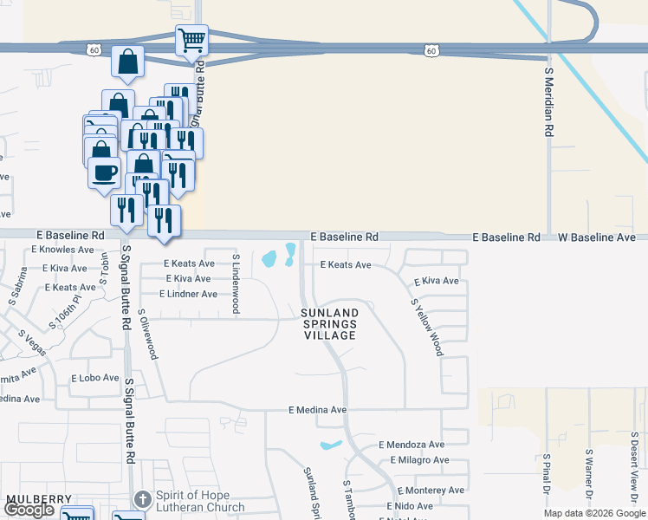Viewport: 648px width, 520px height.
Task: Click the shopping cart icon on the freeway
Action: point(191,39)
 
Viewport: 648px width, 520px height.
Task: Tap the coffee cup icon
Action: point(104,172)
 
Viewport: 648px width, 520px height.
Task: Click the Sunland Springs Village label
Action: point(329,324)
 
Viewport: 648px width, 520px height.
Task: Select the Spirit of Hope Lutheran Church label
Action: point(199,502)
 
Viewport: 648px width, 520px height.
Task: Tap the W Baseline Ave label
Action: point(596,237)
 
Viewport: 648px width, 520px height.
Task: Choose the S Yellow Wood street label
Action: point(427,328)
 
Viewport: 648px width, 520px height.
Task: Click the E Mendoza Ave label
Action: point(411,444)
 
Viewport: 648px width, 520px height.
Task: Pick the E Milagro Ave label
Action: point(415,460)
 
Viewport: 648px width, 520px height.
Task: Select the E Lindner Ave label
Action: point(191,295)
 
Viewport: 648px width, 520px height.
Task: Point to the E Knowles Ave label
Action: point(62,249)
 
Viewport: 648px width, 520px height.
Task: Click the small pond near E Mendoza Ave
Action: point(330,446)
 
